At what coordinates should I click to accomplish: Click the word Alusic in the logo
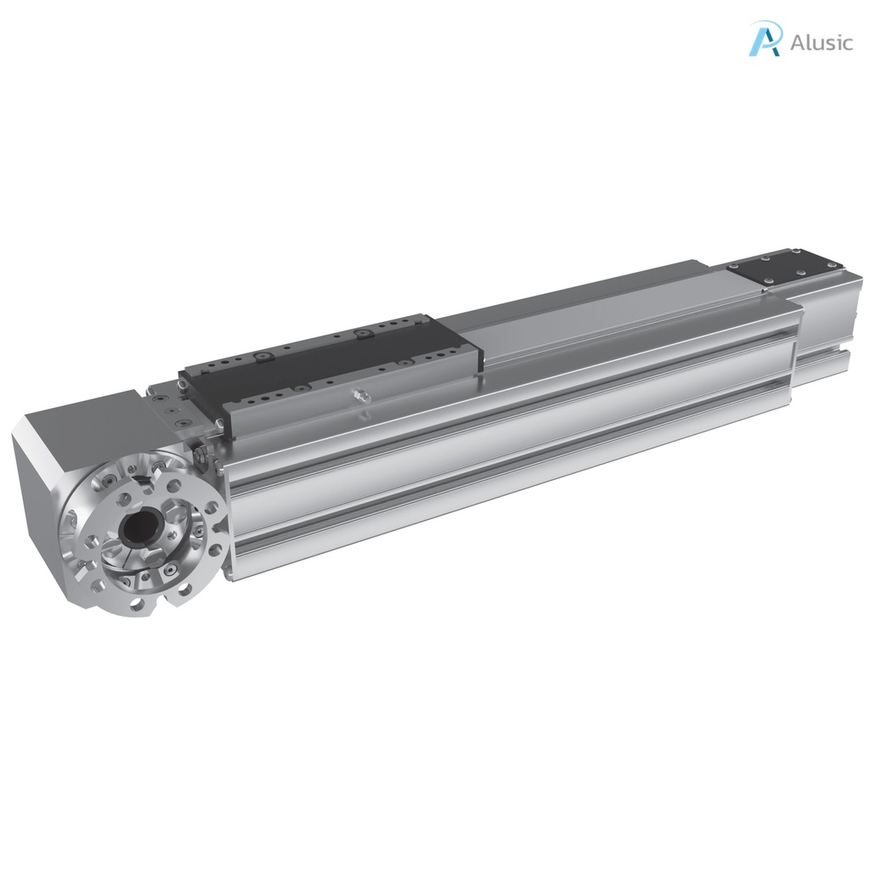coord(820,42)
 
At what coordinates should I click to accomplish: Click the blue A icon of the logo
coord(765,40)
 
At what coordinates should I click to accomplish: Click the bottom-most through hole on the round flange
coord(135,603)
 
